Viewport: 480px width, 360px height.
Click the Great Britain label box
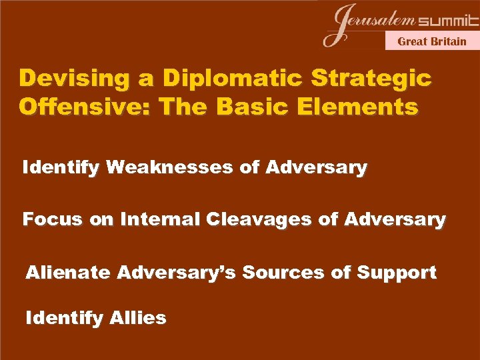[432, 41]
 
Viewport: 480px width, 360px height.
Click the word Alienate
[69, 272]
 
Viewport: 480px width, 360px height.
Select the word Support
[397, 272]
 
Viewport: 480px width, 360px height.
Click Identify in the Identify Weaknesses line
[61, 167]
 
